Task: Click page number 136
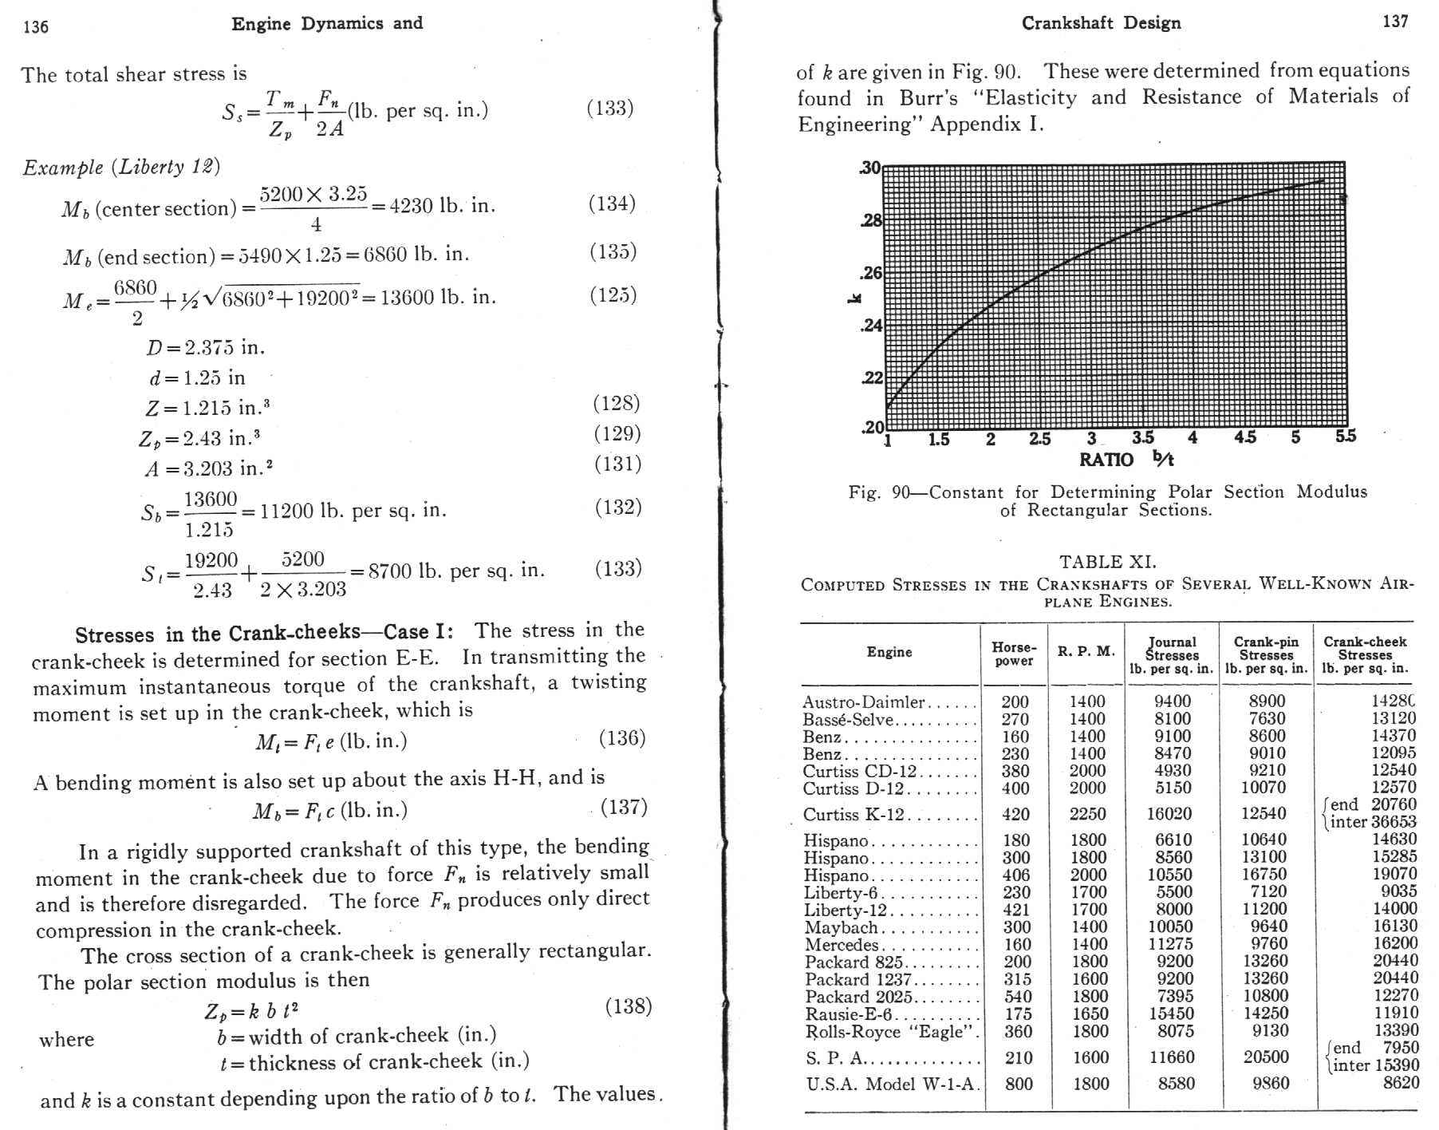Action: [36, 26]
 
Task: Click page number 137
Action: [1395, 22]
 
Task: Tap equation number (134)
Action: [612, 203]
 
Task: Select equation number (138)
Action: [628, 1006]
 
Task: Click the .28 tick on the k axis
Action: [871, 220]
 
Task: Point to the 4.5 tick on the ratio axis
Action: [1244, 437]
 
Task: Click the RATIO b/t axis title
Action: [1126, 459]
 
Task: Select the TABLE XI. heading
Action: [1107, 562]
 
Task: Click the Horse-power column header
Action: [1014, 654]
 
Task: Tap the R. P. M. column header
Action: [1086, 651]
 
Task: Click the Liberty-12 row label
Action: [845, 910]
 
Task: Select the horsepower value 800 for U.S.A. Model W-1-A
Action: [1019, 1084]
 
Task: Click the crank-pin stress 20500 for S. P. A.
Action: [1266, 1057]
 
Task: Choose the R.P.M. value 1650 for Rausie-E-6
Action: [1090, 1013]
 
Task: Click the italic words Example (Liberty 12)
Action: [121, 167]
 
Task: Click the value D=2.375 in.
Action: [205, 348]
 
